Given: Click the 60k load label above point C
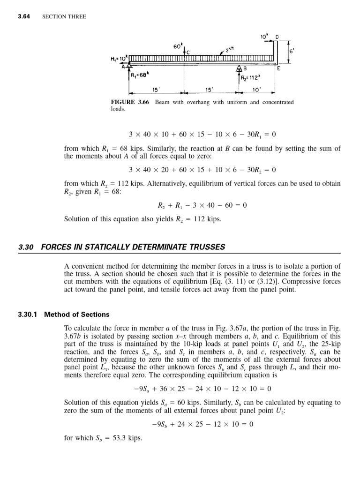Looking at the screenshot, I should (177, 47).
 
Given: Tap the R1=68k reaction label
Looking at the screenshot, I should (140, 75).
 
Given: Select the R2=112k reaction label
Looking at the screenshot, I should (251, 78).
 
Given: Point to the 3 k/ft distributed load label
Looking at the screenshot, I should (230, 49).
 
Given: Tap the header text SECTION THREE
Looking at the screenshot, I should (64, 17).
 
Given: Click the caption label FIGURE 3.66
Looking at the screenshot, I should (129, 102).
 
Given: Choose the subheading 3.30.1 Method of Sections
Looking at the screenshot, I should (64, 315).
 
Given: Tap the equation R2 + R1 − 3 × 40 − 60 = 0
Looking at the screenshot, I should (202, 205).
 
